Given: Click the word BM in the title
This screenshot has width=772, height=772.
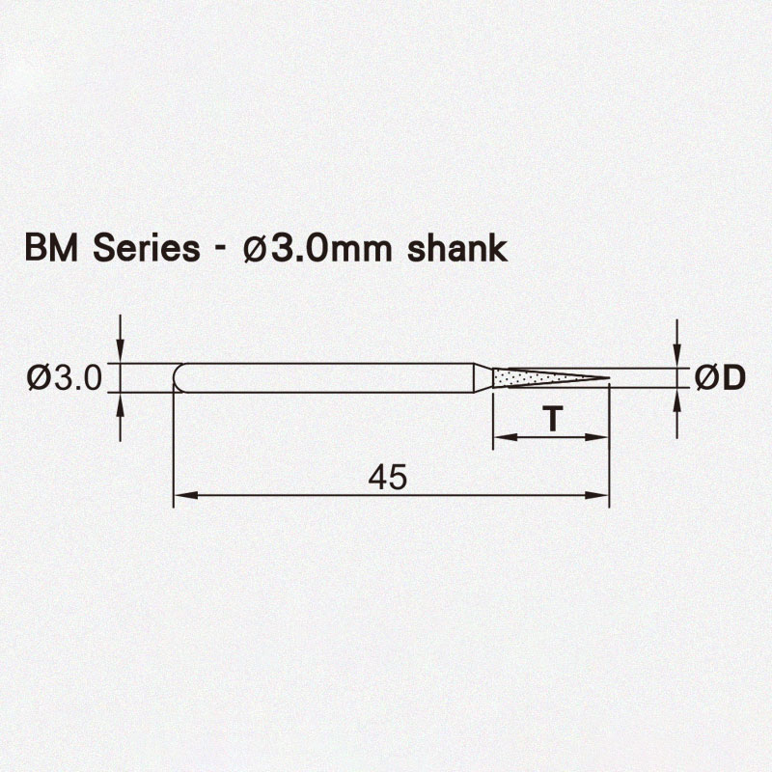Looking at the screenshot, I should click(49, 248).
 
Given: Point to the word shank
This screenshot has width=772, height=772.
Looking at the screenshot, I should click(457, 248).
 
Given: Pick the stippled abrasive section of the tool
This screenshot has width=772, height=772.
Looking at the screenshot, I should click(526, 377).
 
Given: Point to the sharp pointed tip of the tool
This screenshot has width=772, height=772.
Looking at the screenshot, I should click(607, 377).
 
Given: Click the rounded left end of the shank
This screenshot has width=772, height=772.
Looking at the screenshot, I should click(178, 377).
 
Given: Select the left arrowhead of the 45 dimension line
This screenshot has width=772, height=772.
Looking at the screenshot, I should click(180, 496).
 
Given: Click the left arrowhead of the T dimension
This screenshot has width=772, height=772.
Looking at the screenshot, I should click(500, 437).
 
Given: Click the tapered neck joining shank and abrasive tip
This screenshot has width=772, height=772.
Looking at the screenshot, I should click(482, 377).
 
